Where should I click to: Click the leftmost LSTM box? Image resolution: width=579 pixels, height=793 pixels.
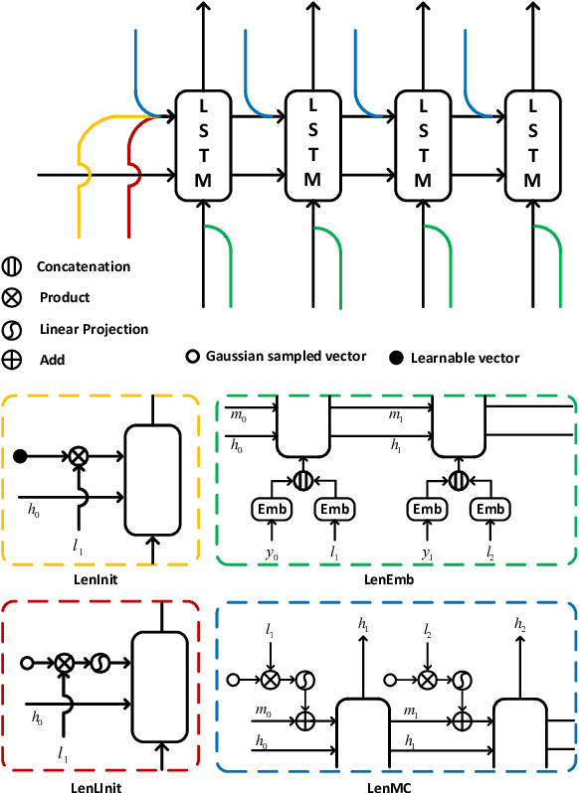click(x=203, y=142)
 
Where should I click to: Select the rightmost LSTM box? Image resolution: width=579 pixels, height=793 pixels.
click(x=533, y=142)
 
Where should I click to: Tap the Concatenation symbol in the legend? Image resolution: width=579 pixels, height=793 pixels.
click(x=13, y=266)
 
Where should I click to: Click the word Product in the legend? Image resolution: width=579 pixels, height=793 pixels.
click(x=65, y=297)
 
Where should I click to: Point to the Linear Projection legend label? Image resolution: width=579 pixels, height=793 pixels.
click(x=93, y=329)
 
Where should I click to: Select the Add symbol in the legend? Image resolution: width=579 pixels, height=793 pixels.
click(x=13, y=360)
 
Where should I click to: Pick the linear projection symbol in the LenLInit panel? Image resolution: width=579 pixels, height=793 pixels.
click(x=100, y=661)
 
